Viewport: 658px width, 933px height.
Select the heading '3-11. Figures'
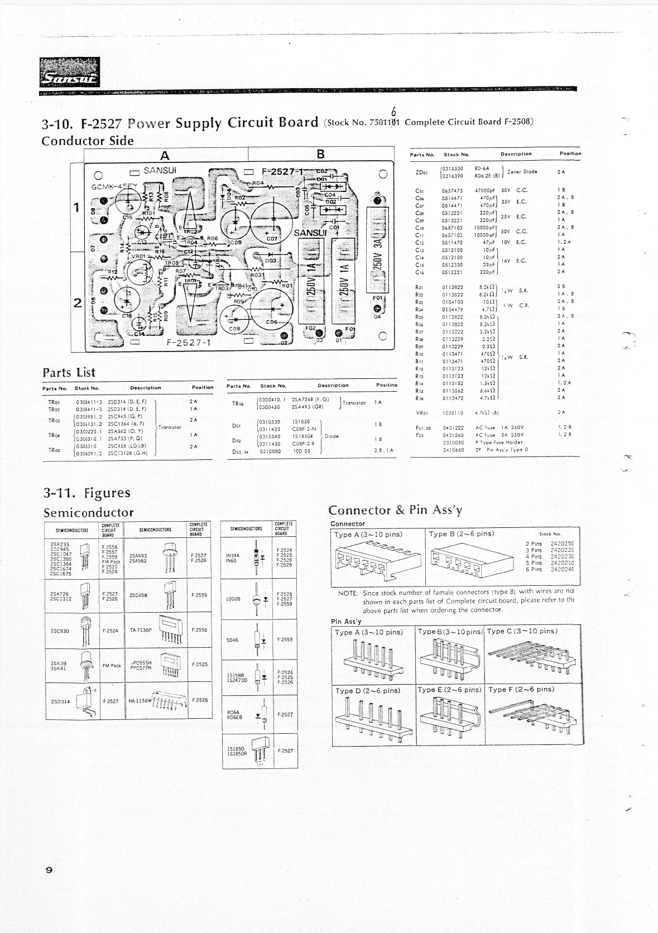(87, 493)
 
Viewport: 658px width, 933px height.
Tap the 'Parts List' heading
(69, 372)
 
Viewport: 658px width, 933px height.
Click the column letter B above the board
(320, 154)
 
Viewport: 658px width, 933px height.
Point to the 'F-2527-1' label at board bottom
(189, 343)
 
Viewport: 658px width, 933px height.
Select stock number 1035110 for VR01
(453, 412)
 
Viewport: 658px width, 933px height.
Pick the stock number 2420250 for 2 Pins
(562, 543)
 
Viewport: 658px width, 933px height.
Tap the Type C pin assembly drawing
(532, 658)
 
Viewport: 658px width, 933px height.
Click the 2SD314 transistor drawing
(85, 701)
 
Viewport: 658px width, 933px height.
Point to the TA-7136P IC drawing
(171, 630)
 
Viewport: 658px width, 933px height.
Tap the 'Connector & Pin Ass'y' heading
(395, 509)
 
